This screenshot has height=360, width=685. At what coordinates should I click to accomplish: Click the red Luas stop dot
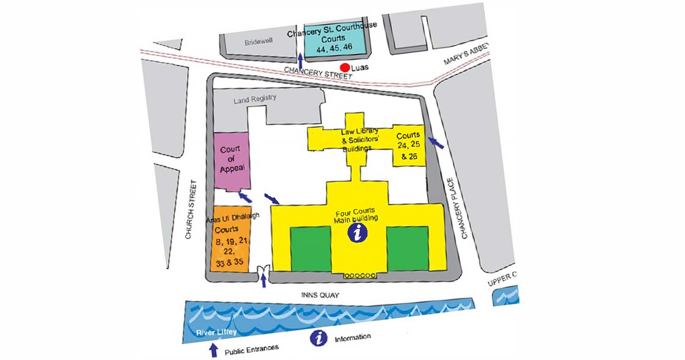(x=345, y=68)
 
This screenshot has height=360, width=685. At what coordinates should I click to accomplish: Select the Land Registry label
(x=255, y=100)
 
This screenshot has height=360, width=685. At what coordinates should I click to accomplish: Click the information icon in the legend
(x=319, y=337)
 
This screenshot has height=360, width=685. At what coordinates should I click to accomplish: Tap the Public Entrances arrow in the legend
(x=213, y=350)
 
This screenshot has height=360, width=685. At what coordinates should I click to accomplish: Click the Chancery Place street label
(x=457, y=208)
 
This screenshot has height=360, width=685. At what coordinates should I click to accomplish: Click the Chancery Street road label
(x=318, y=72)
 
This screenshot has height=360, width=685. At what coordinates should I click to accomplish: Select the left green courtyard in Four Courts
(x=311, y=249)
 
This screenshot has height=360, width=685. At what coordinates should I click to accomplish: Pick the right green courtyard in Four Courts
(x=407, y=248)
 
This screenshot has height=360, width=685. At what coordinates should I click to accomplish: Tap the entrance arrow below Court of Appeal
(x=245, y=197)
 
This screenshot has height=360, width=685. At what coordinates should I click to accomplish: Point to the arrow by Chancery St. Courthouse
(x=300, y=60)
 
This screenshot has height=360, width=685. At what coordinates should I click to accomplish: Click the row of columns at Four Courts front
(x=360, y=275)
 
